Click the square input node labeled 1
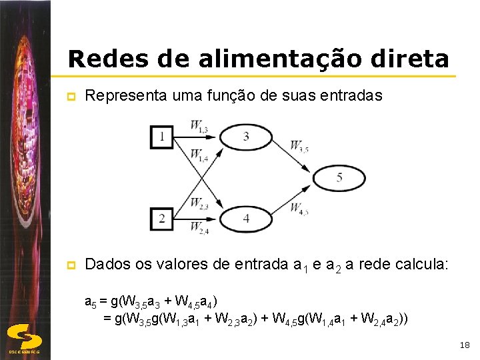pos(162,137)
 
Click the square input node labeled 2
pos(162,217)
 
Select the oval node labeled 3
pos(246,137)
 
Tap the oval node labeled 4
pos(246,218)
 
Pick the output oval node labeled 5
pos(339,178)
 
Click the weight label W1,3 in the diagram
pos(199,125)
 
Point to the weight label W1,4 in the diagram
pos(199,155)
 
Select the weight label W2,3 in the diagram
pos(199,203)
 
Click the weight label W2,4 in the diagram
pos(199,228)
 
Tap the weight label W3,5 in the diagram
pos(299,145)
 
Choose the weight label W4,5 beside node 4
pos(299,208)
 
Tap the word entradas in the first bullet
pos(353,95)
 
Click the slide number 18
pos(465,345)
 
